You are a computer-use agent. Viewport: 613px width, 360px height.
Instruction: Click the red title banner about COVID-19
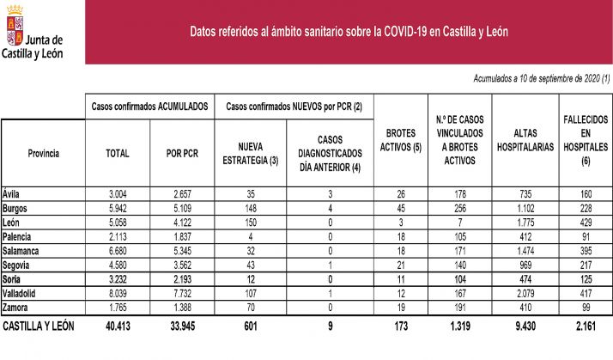click(x=349, y=32)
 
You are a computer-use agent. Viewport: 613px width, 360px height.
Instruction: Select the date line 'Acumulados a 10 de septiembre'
click(x=541, y=78)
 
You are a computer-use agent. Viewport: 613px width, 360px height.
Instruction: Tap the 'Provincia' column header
click(x=43, y=153)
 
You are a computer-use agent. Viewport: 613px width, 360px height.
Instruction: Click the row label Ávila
click(x=12, y=194)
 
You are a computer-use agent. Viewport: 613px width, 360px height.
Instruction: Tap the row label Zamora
click(x=17, y=307)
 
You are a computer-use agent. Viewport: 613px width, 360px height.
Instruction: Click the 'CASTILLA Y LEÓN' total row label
click(x=39, y=326)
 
